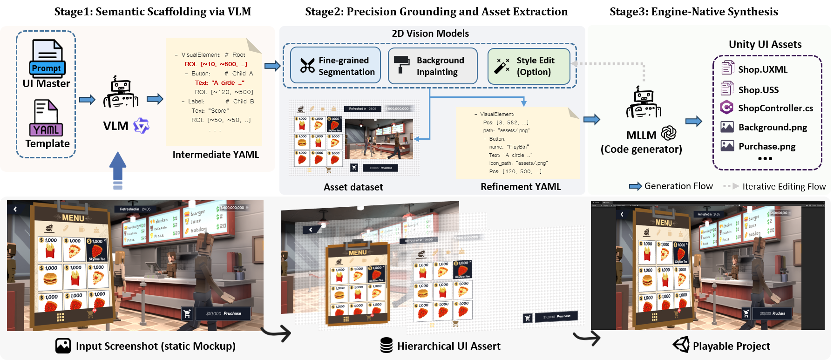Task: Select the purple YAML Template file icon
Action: point(46,118)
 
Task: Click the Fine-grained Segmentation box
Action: point(335,66)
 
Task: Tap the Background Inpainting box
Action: point(433,66)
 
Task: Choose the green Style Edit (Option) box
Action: point(529,66)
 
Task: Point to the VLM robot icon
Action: point(121,94)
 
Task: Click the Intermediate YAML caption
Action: point(216,155)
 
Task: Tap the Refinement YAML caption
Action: point(521,187)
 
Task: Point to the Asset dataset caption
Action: point(353,187)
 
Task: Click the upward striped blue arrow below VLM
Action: point(118,170)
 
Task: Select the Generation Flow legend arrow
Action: point(636,186)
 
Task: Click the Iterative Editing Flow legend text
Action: point(784,187)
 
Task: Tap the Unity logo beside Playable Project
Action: point(681,345)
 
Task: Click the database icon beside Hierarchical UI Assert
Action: point(386,346)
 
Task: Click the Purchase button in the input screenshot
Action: point(223,313)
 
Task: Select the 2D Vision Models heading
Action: point(430,34)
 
